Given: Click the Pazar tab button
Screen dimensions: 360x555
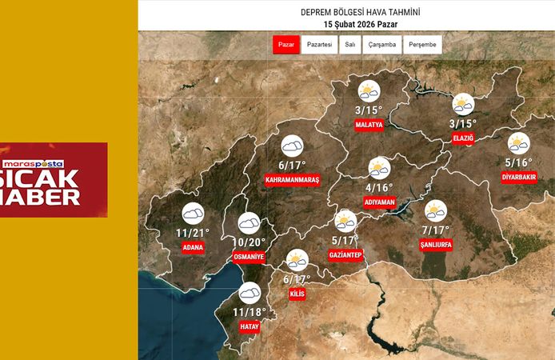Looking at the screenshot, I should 285,45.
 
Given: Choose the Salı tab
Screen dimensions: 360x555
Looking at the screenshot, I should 350,45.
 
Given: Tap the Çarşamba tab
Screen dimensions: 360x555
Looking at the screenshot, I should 382,45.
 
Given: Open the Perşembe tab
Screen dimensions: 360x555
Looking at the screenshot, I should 422,45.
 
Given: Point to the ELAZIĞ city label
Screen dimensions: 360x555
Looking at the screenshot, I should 463,138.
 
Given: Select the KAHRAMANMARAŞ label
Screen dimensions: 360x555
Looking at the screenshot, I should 292,181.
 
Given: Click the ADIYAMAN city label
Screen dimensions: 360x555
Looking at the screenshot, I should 380,202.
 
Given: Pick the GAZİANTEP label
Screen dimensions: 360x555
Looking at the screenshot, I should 346,254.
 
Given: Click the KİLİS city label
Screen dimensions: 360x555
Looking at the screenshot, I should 297,294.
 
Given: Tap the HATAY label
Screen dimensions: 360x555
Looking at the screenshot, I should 250,326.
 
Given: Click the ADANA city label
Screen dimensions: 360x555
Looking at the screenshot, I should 193,247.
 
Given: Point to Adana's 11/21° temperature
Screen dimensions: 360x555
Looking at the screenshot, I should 193,233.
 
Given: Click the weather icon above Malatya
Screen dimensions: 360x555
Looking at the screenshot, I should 369,91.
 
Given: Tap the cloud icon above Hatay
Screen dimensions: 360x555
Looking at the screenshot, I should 250,293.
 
